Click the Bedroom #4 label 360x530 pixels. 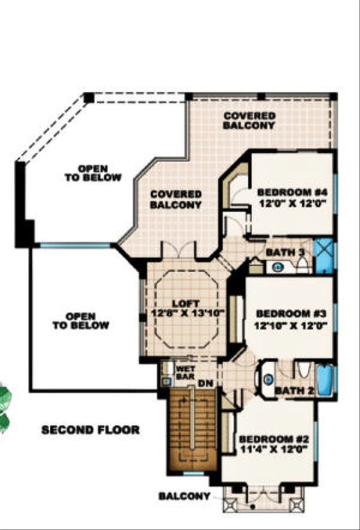(292, 192)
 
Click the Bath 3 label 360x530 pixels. (285, 252)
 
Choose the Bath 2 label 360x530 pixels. (293, 392)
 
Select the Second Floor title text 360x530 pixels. (91, 430)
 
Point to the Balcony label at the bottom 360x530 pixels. (185, 496)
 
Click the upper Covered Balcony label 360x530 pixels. (249, 121)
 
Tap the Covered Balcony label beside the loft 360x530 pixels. (176, 200)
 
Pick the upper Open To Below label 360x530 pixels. (93, 173)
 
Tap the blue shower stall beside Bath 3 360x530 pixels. (325, 251)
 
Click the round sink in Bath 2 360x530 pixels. (268, 379)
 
